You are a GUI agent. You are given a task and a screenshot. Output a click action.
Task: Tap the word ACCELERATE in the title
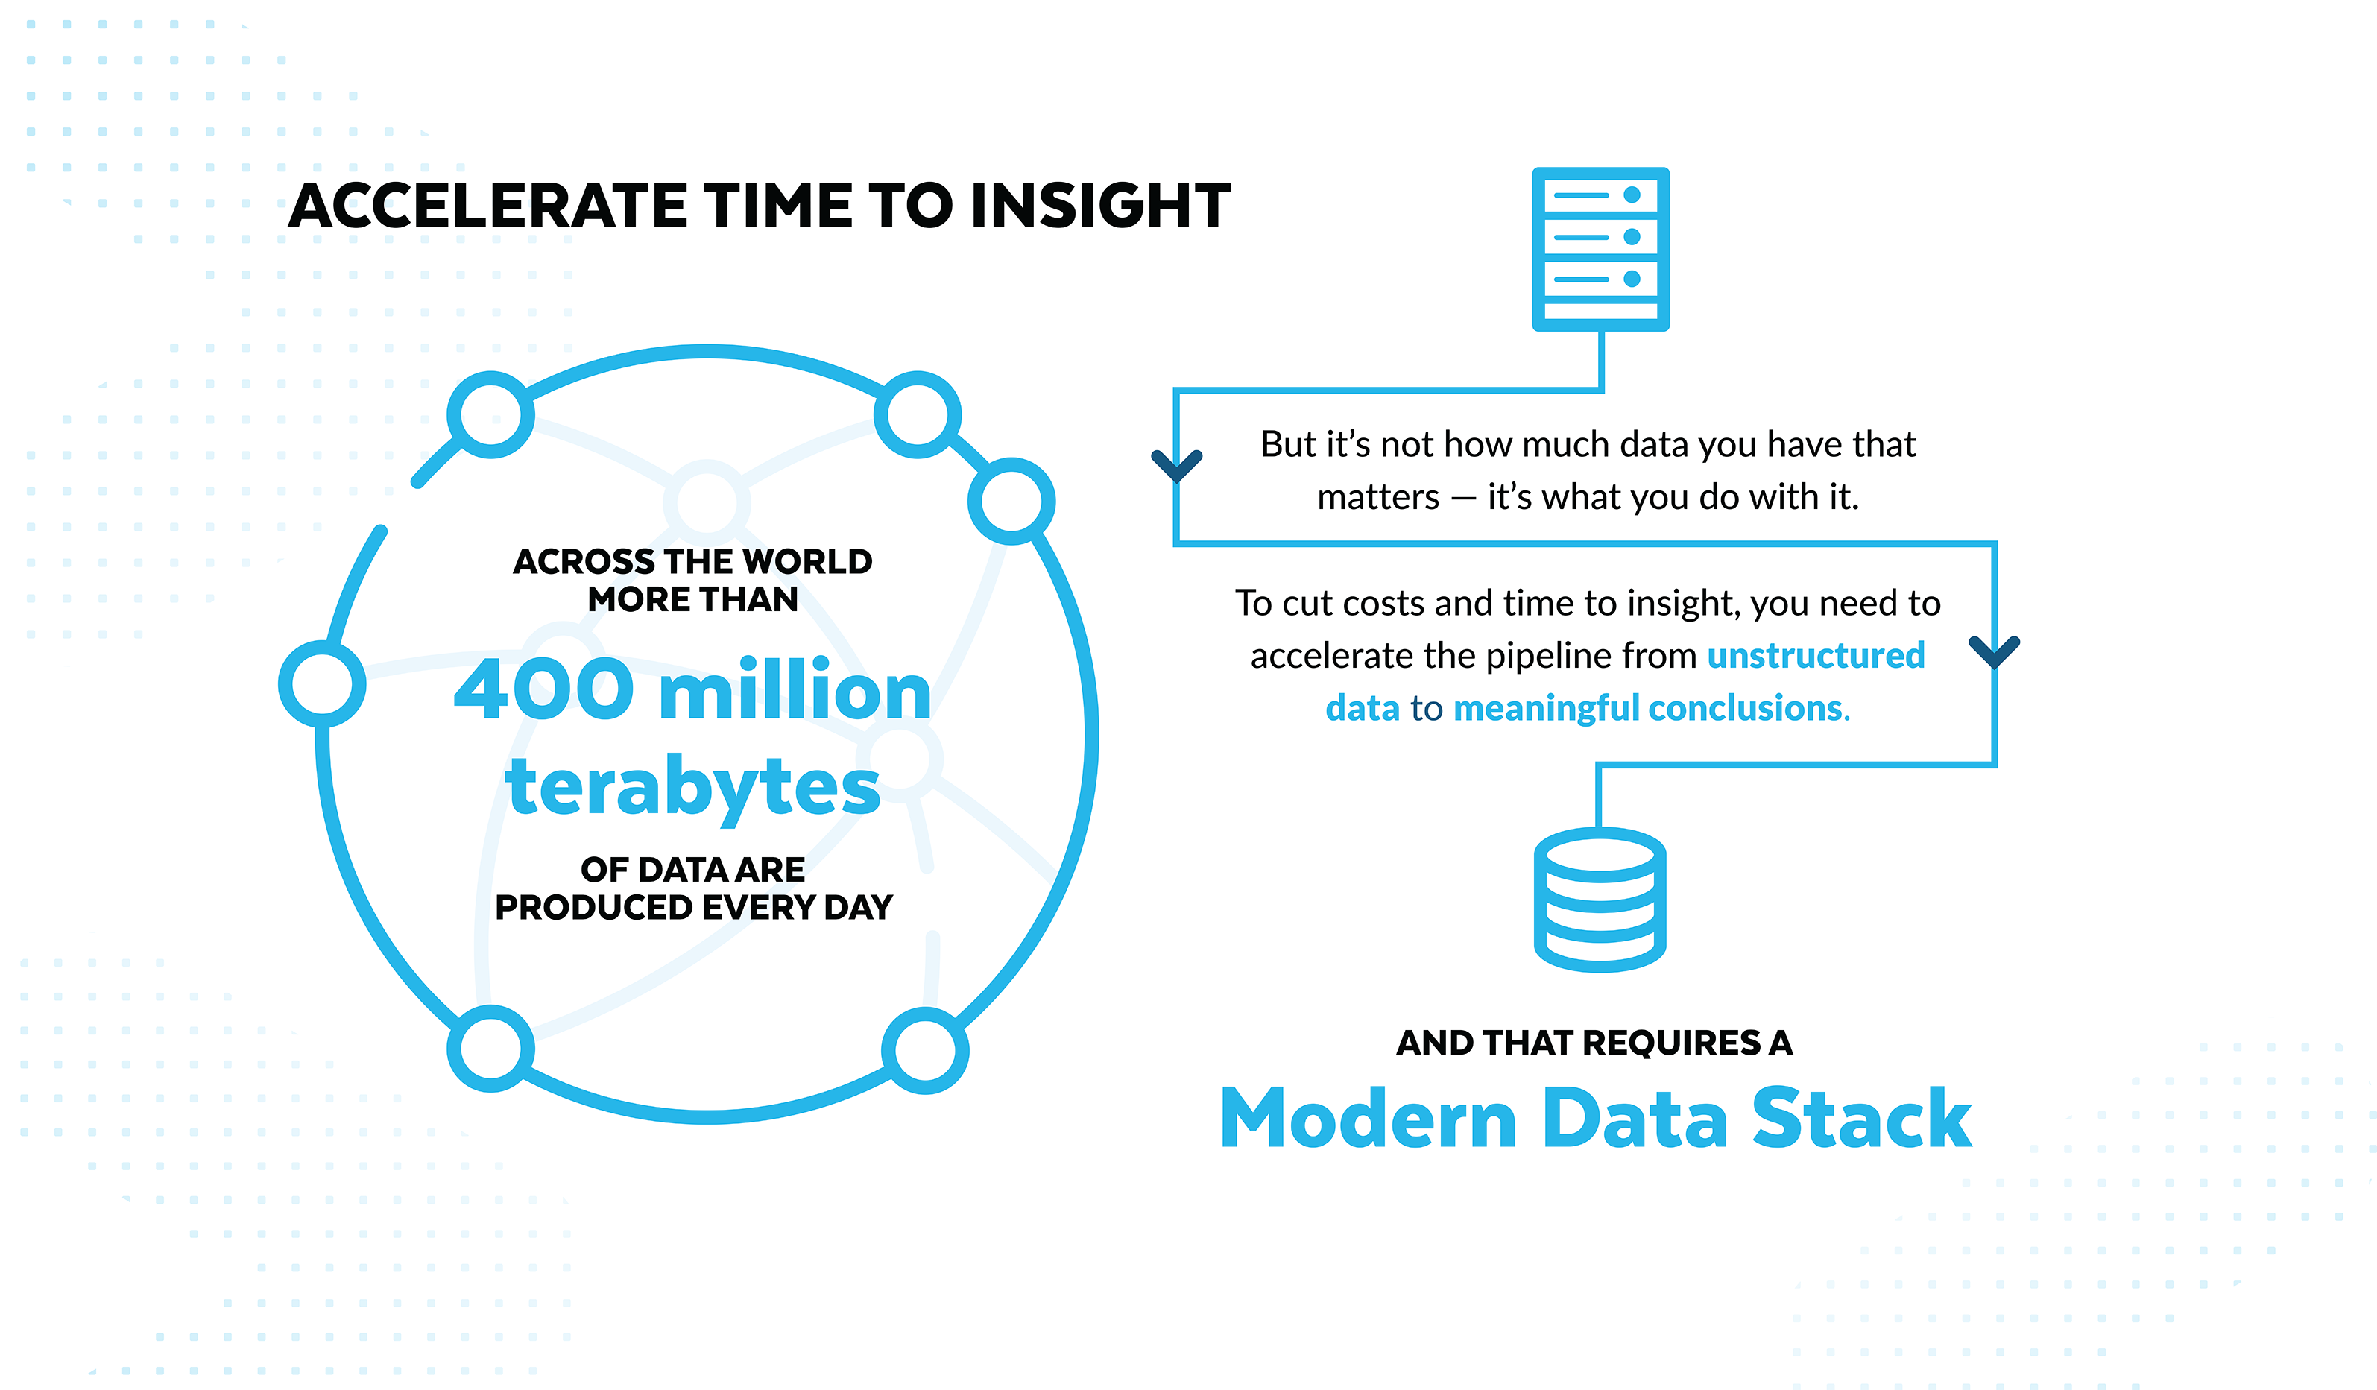(x=489, y=206)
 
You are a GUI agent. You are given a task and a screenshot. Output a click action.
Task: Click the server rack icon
(x=1601, y=249)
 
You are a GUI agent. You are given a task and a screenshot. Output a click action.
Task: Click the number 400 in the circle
(x=544, y=690)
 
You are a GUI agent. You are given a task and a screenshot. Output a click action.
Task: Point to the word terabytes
(x=693, y=786)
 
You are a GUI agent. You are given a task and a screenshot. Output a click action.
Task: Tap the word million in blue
(x=795, y=690)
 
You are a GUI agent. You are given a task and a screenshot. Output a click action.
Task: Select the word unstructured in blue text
(x=1816, y=655)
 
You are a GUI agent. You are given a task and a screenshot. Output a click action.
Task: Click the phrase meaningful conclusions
(x=1651, y=708)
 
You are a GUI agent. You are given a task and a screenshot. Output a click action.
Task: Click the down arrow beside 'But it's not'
(x=1176, y=465)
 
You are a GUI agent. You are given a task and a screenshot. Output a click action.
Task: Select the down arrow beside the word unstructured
(x=1994, y=651)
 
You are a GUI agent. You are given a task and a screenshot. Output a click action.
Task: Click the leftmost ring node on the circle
(x=323, y=683)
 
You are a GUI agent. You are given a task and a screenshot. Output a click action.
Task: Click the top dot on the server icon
(x=1632, y=195)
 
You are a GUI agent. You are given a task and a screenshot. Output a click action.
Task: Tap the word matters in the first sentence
(x=1378, y=497)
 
